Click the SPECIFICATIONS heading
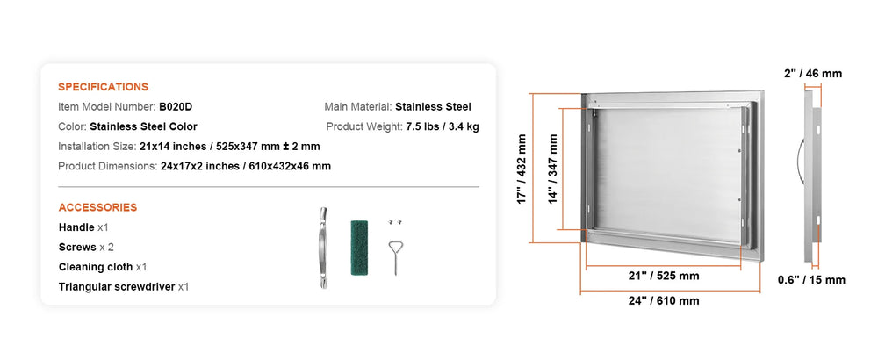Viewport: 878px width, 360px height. [x=103, y=87]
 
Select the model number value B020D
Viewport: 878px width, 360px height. [x=176, y=106]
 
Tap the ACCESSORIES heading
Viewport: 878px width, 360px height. [x=97, y=208]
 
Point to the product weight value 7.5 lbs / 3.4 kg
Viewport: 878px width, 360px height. [x=443, y=126]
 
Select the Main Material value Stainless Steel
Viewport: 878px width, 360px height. [x=434, y=106]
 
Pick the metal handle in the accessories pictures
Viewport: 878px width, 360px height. [x=324, y=248]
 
